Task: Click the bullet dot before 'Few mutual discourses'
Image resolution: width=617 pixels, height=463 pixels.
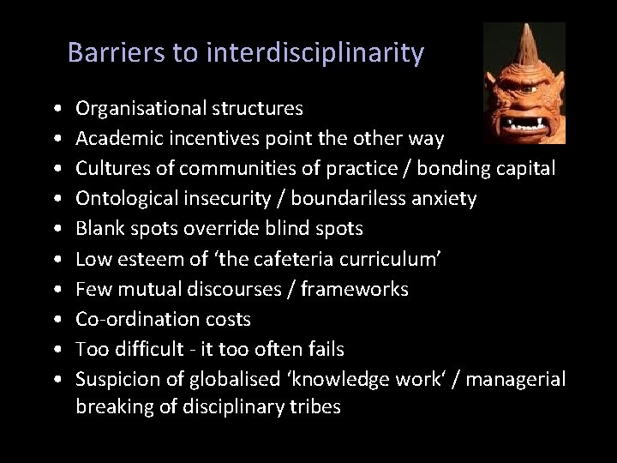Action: coord(55,290)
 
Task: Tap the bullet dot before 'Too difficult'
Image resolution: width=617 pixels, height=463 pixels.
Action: coord(55,350)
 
